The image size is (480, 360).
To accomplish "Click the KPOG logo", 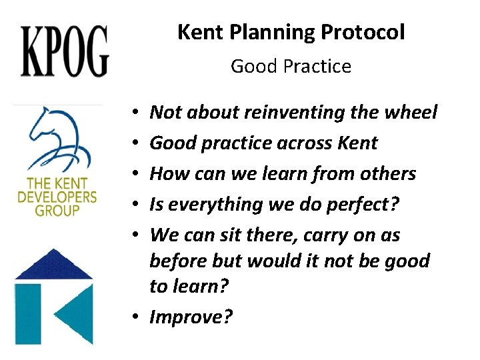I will [65, 51].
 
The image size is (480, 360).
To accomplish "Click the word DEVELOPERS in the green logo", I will [57, 198].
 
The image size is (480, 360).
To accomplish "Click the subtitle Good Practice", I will [291, 67].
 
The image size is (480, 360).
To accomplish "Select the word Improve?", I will [191, 317].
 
